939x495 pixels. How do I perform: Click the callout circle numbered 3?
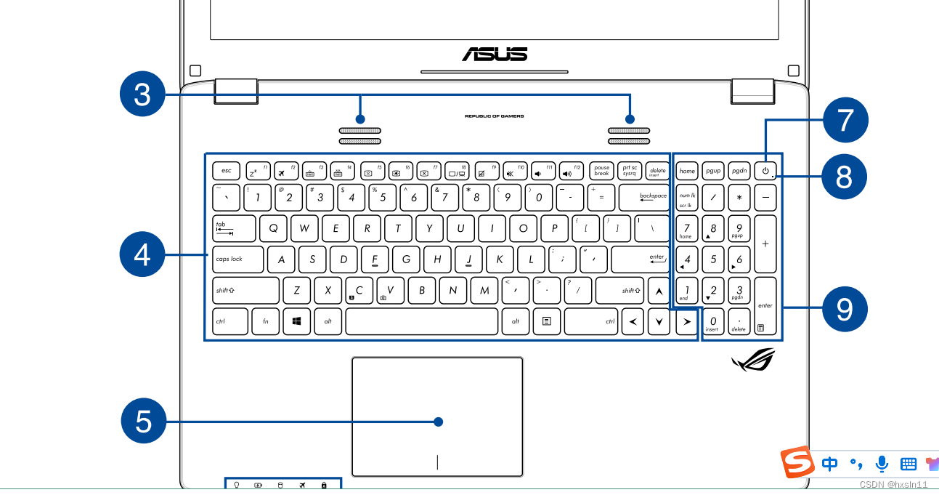coord(143,94)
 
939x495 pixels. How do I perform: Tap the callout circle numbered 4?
coord(143,255)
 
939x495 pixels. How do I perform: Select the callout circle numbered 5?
coord(143,422)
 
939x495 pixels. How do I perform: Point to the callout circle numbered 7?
coord(845,118)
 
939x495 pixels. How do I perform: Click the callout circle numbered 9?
coord(844,309)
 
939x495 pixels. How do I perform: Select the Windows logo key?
coord(297,321)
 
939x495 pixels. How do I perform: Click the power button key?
coord(765,172)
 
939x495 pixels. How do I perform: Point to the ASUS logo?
coord(494,54)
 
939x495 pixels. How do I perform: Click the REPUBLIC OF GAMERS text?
coord(494,116)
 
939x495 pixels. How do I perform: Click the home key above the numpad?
coord(687,172)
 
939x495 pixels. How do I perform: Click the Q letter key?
coord(273,228)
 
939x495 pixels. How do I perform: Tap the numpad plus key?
coord(765,244)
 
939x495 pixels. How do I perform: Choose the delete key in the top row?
coord(657,172)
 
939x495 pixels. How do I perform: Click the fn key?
coord(266,321)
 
